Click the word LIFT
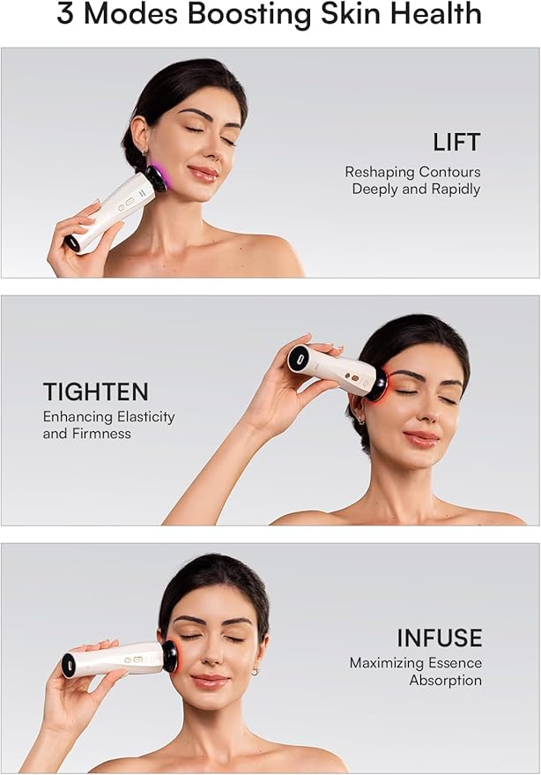tap(456, 142)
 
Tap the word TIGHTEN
tap(95, 391)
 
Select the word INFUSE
tap(440, 637)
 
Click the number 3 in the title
tap(67, 14)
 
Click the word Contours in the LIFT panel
tap(450, 172)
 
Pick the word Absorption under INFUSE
tap(446, 681)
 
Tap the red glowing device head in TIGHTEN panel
tap(379, 384)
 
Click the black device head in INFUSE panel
tap(168, 655)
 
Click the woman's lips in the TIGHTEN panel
tap(420, 436)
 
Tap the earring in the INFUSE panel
tap(255, 670)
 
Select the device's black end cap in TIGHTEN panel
tap(297, 358)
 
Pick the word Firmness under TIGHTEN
tap(102, 434)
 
